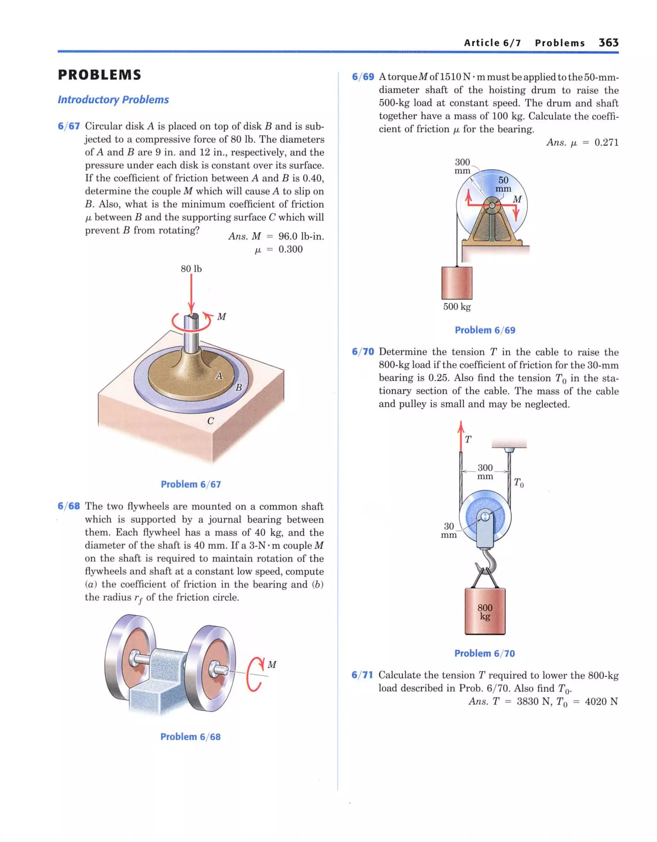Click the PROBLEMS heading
[99, 75]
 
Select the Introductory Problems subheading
[113, 100]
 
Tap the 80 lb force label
[191, 269]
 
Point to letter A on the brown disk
[219, 375]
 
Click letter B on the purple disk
[239, 387]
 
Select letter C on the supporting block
[210, 421]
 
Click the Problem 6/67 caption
[191, 484]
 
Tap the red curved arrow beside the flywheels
[255, 673]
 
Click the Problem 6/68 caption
[190, 737]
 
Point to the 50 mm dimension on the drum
[503, 184]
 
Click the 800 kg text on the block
[485, 612]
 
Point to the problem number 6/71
[362, 675]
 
